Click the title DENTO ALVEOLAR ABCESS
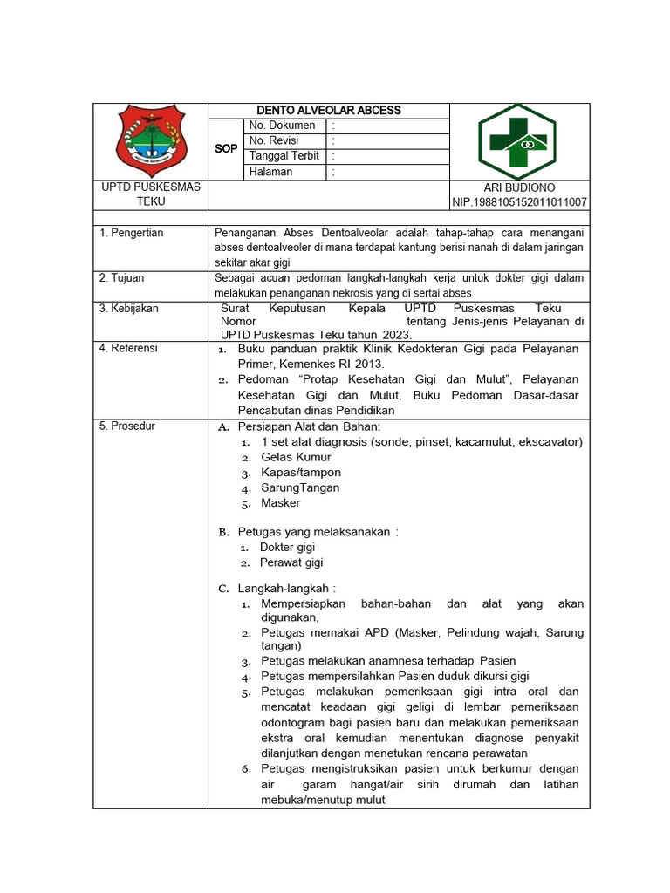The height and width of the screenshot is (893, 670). [x=328, y=111]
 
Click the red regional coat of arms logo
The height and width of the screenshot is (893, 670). [x=150, y=140]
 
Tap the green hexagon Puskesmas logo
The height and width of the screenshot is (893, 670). [x=518, y=141]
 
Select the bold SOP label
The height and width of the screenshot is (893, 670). [x=226, y=149]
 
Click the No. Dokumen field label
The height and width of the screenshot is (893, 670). [x=282, y=126]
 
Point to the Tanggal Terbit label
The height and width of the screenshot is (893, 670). [x=284, y=156]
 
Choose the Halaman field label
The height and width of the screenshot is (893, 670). [x=270, y=172]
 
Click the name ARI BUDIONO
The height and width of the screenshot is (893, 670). [x=519, y=187]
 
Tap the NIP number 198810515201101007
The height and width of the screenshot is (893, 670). [x=519, y=202]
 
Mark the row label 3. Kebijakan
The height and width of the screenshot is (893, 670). [x=128, y=309]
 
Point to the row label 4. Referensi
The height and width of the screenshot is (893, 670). [x=128, y=348]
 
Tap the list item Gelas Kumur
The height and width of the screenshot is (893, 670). [x=296, y=457]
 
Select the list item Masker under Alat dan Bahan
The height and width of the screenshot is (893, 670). [x=280, y=503]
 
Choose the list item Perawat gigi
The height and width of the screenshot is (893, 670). [x=291, y=562]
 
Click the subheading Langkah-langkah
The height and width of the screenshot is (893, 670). [x=286, y=589]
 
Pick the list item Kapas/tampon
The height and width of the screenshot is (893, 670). [x=301, y=473]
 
